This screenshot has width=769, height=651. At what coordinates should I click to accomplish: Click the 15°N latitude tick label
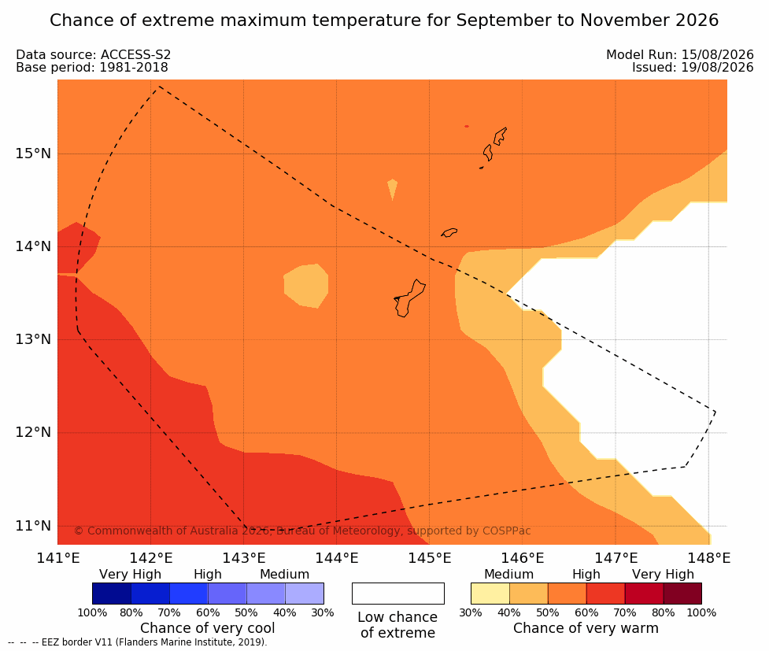point(33,154)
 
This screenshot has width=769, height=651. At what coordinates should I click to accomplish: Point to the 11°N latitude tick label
point(33,526)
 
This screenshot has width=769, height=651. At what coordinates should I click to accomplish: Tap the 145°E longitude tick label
point(430,558)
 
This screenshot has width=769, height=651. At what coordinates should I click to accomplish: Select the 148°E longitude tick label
point(708,558)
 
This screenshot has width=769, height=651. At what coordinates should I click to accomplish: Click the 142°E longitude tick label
point(150,558)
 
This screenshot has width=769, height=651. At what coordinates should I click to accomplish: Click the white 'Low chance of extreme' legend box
point(398,594)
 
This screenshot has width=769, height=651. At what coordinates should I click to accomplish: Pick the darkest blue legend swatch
point(112,594)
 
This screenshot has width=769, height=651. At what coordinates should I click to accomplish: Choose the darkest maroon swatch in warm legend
point(682,594)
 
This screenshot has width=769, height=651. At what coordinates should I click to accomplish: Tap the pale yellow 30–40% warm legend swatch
point(490,594)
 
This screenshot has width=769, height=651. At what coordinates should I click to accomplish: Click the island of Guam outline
point(409,298)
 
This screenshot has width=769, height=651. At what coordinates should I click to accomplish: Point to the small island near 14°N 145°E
point(449,232)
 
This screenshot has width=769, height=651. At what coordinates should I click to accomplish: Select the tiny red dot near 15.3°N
point(467,127)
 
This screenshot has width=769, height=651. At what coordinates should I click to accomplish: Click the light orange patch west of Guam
point(306,286)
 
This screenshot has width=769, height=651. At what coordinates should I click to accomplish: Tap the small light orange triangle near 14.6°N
point(392,188)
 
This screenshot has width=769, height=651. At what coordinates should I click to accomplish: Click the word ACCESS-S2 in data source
point(135,55)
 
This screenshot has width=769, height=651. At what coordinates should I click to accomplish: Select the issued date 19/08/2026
point(717,68)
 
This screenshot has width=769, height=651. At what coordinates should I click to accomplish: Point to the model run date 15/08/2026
point(717,55)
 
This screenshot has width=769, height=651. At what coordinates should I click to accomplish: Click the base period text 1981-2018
point(133,68)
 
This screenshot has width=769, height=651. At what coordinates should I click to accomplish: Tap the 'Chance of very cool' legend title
point(208,628)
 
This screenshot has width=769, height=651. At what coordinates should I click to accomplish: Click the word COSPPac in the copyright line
point(507,531)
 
